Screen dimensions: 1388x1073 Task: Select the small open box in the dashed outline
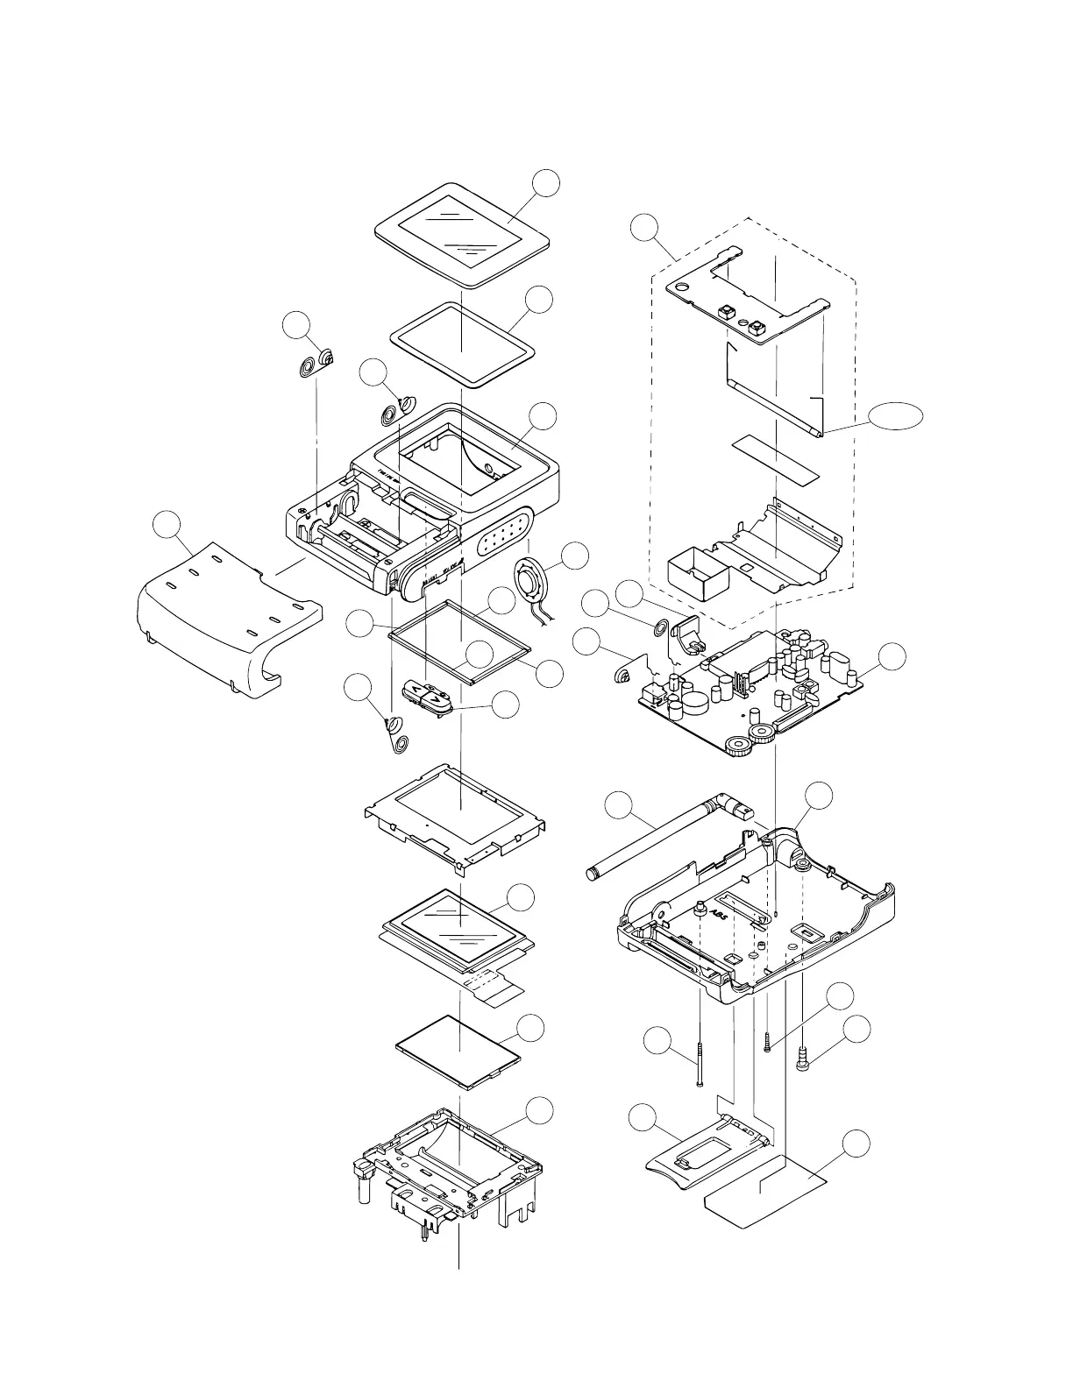(697, 571)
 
